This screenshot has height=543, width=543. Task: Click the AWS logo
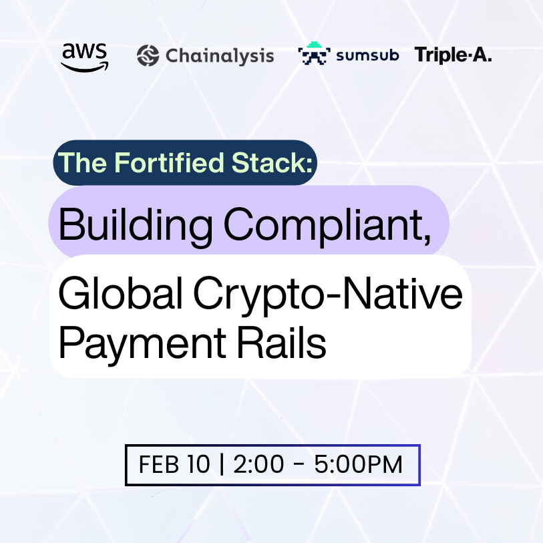[x=84, y=56]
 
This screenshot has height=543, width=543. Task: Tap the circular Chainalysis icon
[x=148, y=55]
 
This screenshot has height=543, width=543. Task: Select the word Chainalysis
[x=219, y=55]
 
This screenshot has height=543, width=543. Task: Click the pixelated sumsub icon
[x=313, y=55]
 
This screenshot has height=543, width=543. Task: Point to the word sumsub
[x=367, y=55]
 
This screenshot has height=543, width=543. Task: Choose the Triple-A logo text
[x=454, y=55]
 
